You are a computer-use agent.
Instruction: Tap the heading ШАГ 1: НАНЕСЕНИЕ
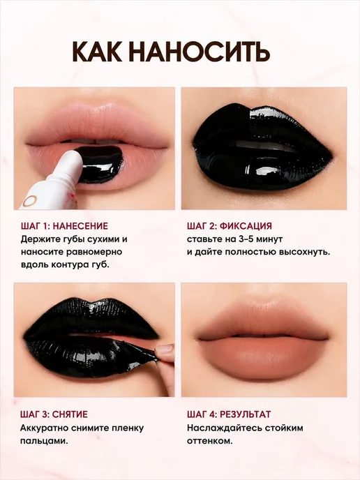click(65, 226)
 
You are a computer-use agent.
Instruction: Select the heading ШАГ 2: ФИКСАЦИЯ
click(230, 226)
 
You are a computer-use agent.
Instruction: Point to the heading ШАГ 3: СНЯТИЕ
click(54, 414)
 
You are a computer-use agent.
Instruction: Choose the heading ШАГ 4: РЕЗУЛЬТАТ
click(229, 414)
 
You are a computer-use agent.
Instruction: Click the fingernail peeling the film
click(165, 349)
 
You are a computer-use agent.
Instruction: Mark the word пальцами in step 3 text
click(43, 442)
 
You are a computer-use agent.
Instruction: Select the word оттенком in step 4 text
click(209, 441)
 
